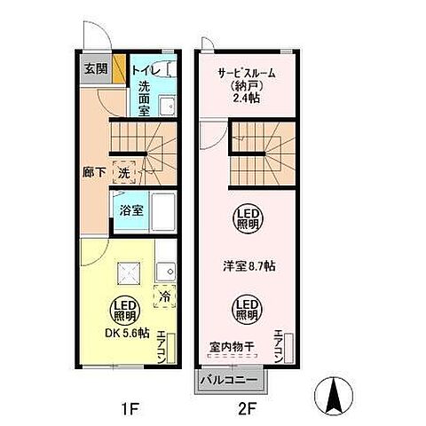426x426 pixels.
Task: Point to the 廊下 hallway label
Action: (x=93, y=170)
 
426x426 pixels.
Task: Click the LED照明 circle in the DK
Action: (x=124, y=311)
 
